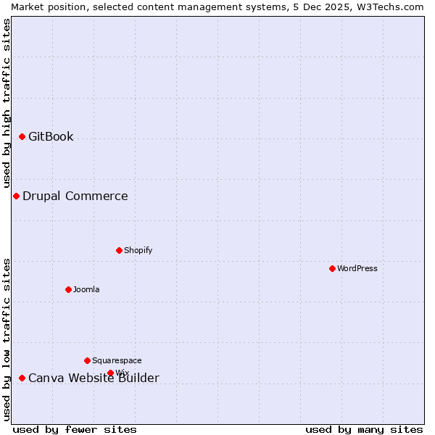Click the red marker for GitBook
click(x=22, y=136)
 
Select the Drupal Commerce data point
click(x=16, y=196)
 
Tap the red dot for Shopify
click(x=119, y=250)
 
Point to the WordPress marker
click(x=332, y=268)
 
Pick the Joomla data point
click(x=68, y=289)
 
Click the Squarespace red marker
click(x=87, y=360)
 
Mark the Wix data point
click(x=110, y=373)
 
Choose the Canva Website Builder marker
click(x=22, y=378)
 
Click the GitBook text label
click(x=51, y=136)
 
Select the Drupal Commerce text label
click(x=75, y=196)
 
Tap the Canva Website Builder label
click(x=94, y=378)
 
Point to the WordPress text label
click(x=357, y=268)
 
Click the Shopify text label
click(x=138, y=250)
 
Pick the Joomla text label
click(x=86, y=289)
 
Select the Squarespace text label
click(x=117, y=360)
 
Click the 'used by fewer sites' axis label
click(x=75, y=429)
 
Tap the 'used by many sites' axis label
click(x=364, y=429)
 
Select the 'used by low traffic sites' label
click(x=7, y=339)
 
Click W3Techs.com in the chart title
click(x=389, y=7)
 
